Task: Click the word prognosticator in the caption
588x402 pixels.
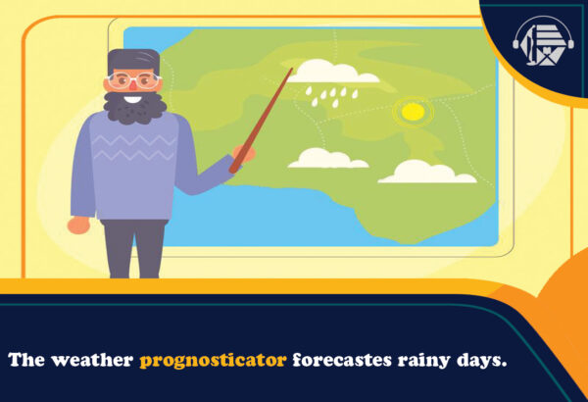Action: click(x=214, y=360)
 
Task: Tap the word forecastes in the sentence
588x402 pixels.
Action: click(x=338, y=360)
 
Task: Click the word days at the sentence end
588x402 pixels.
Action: click(x=482, y=360)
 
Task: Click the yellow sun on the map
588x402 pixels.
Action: click(x=413, y=112)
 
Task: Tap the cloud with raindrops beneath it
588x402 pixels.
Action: click(x=334, y=73)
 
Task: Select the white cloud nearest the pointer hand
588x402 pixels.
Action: click(x=327, y=159)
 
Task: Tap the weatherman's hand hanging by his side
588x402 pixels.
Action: click(x=78, y=225)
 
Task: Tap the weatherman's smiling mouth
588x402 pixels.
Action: click(x=134, y=99)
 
